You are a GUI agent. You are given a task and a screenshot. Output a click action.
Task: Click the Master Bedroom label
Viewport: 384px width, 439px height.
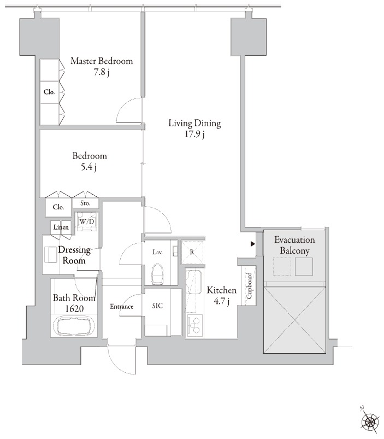coord(102,61)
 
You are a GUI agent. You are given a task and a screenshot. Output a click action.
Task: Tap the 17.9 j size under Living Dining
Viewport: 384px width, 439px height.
coord(194,134)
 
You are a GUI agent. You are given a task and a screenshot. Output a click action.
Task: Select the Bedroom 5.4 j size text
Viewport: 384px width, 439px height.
coord(88,167)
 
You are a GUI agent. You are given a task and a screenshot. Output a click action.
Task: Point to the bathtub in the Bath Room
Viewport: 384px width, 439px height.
coord(74,325)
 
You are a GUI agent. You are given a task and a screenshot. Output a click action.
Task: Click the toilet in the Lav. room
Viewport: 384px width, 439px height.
coord(157,274)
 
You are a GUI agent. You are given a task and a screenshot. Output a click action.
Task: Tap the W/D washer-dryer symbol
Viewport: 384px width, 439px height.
coord(87,221)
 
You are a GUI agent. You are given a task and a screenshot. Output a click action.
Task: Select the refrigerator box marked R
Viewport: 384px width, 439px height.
coord(192,252)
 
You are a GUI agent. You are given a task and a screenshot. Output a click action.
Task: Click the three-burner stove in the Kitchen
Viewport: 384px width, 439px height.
coord(194,325)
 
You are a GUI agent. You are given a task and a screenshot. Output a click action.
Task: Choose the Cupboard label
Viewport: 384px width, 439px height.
coord(249,286)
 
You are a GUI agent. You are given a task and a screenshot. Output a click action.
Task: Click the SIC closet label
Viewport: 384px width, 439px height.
coord(157,306)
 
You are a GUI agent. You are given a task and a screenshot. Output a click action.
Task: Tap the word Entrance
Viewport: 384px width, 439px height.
coord(121,307)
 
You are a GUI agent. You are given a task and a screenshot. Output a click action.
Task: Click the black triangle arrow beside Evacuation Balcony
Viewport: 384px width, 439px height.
coord(253,244)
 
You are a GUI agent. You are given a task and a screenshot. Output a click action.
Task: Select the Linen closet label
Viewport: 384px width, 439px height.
coord(61,227)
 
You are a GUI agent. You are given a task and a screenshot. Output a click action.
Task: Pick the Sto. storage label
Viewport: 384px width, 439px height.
coord(85,203)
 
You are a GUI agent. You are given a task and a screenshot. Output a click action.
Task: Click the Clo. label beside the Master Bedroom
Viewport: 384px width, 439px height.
coord(49,91)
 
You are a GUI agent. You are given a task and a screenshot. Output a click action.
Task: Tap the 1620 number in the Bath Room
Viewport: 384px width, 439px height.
coord(74,308)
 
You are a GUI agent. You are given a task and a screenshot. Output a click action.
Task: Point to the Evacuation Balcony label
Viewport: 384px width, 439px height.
coord(294,245)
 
